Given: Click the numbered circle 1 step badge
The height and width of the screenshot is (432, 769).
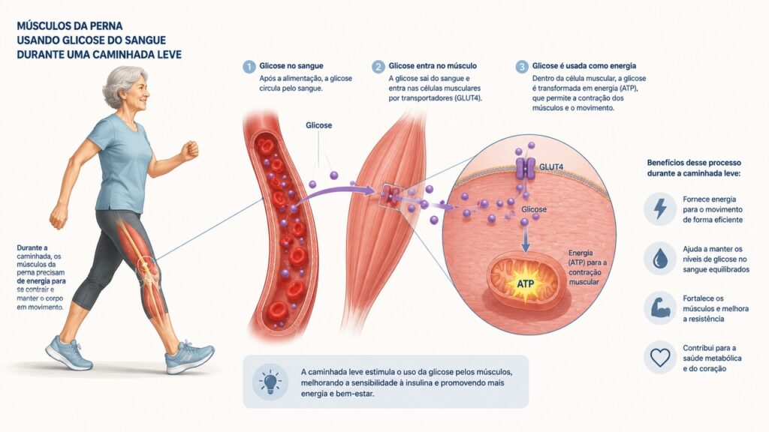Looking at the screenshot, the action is point(249,67).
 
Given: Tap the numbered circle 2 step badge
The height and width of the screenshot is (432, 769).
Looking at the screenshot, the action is point(378,67).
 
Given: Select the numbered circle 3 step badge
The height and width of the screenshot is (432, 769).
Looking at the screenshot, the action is point(522,67).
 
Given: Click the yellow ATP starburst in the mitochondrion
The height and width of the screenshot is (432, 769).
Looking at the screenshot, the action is point(525,283).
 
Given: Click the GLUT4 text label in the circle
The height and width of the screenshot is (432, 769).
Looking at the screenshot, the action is point(551,167).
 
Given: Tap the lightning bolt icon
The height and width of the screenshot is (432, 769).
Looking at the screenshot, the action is point(660,208).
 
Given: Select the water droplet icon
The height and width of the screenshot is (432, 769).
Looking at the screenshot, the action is point(660,259).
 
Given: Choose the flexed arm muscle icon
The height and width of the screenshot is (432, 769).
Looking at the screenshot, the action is point(660,307).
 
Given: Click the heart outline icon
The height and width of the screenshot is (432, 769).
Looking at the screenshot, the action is point(660,358).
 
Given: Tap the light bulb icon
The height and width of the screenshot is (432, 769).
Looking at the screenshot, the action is point(270,382).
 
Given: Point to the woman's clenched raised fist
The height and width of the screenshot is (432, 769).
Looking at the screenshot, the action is point(189,150).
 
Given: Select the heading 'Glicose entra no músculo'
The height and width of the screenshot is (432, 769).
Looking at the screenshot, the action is point(433,66).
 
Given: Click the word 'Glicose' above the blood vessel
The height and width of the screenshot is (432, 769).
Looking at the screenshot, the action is point(318,125).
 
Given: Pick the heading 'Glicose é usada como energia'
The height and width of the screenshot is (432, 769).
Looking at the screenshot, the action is point(584,66).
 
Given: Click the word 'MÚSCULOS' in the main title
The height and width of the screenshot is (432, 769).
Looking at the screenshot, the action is point(46,26).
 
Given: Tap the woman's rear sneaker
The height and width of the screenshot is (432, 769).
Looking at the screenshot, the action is point(68,353).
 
